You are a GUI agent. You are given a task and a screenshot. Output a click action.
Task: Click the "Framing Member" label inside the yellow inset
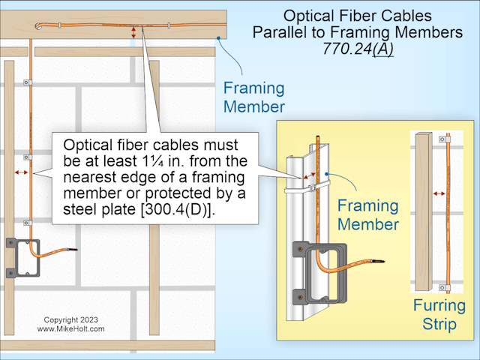[367, 214]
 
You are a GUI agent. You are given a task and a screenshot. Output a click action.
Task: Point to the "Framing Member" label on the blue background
[253, 97]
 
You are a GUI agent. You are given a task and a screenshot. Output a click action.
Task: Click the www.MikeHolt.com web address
[70, 328]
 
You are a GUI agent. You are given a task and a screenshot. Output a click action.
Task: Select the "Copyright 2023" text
[67, 319]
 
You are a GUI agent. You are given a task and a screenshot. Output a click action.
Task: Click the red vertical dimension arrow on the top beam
[133, 32]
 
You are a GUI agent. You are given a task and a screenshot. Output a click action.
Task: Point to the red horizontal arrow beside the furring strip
[439, 193]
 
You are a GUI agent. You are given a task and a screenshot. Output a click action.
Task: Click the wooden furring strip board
[422, 210]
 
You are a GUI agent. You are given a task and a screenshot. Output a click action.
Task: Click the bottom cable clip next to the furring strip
[448, 286]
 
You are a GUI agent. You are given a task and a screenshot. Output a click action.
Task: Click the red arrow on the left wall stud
[20, 172]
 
